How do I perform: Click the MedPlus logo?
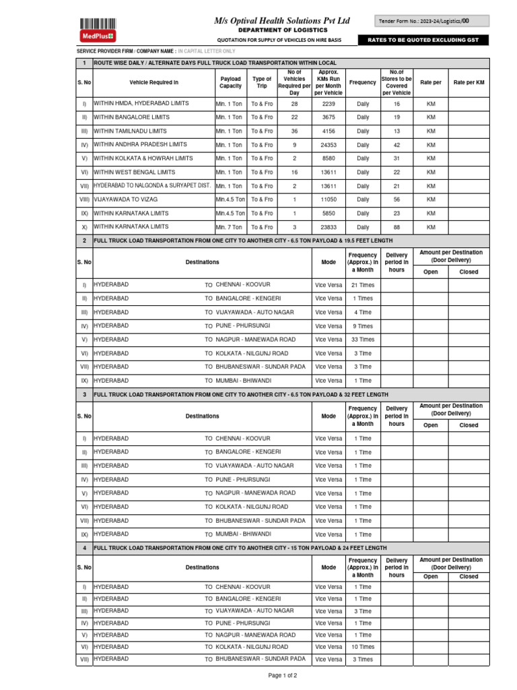point(98,35)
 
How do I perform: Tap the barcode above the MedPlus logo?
point(98,22)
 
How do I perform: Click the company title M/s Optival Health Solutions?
point(282,21)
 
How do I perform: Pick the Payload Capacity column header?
point(230,82)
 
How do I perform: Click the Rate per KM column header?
point(469,82)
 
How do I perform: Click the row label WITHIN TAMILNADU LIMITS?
point(131,131)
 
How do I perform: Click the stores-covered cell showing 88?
point(396,228)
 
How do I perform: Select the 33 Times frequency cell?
point(363,340)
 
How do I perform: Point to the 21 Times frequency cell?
point(363,285)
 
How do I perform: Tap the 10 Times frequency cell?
point(363,647)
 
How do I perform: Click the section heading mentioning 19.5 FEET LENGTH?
point(243,241)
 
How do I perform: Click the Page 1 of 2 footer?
point(283,675)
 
